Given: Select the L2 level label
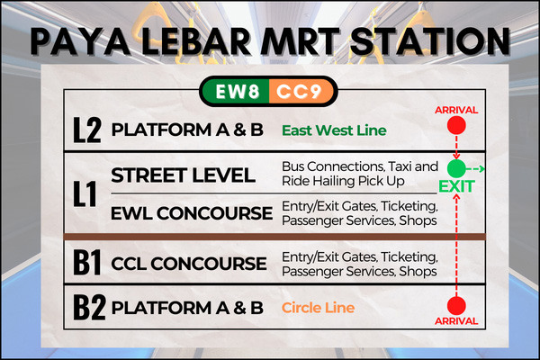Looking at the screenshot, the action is (x=87, y=130).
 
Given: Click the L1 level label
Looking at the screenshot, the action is (x=85, y=193).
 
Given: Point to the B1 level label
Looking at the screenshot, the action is (x=87, y=263).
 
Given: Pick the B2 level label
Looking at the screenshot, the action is (x=89, y=307).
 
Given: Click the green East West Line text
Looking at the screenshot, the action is (x=334, y=130).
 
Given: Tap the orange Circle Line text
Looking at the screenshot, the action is (x=318, y=308).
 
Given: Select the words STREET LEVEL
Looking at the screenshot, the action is (x=184, y=175).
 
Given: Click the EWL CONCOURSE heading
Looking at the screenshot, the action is (x=192, y=213).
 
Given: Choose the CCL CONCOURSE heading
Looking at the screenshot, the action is (x=189, y=264).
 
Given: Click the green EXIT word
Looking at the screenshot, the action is (x=456, y=186).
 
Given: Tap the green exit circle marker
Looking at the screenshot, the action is (x=456, y=168).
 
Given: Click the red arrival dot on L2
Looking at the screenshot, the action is (x=456, y=125).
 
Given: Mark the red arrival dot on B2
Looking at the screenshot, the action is (x=456, y=306).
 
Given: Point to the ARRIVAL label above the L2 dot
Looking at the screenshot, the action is (x=456, y=110).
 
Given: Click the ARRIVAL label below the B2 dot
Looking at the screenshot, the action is (x=456, y=321).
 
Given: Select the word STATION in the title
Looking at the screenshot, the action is (x=429, y=41).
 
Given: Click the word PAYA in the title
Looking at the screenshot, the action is (x=80, y=41).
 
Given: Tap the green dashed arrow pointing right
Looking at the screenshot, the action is (x=475, y=168).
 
